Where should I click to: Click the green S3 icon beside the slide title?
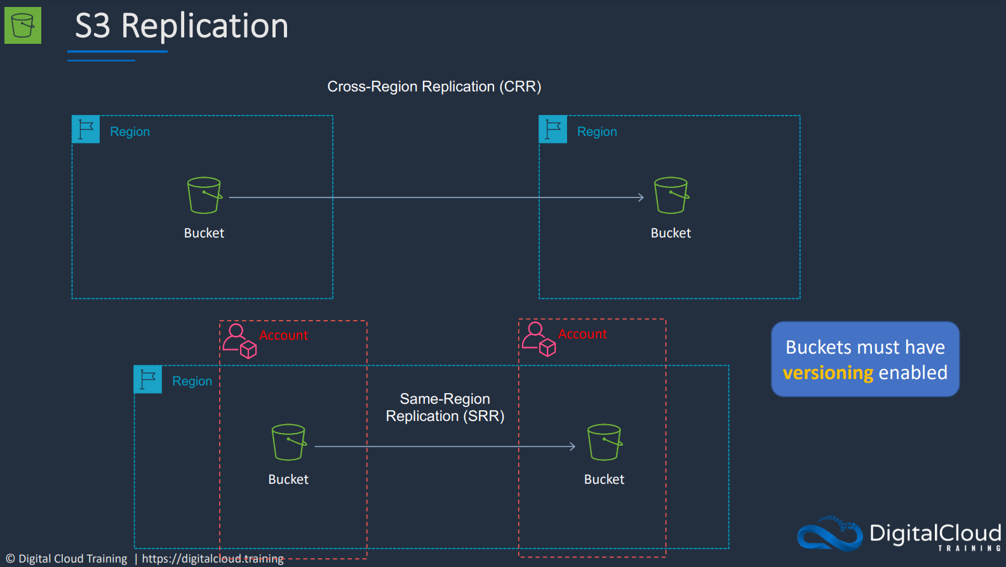pos(23,25)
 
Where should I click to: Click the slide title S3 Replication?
pos(182,26)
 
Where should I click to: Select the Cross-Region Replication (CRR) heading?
pos(434,86)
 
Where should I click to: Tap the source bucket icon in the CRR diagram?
pos(205,196)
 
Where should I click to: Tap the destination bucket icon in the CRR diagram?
pos(671,196)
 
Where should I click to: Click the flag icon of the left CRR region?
pos(86,130)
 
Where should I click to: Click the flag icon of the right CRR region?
pos(553,130)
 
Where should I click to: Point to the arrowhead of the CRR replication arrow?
pos(642,197)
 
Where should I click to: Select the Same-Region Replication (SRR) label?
pos(445,407)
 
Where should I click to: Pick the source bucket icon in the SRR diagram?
pos(289,442)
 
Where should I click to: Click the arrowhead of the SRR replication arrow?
pos(573,446)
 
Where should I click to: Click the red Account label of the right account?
pos(582,334)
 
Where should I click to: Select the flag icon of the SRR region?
pos(148,379)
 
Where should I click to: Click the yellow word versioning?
pos(828,373)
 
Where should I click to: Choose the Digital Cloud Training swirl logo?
pos(830,534)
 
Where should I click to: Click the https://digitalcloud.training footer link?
pos(213,559)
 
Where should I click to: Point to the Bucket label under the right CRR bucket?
pos(671,233)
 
